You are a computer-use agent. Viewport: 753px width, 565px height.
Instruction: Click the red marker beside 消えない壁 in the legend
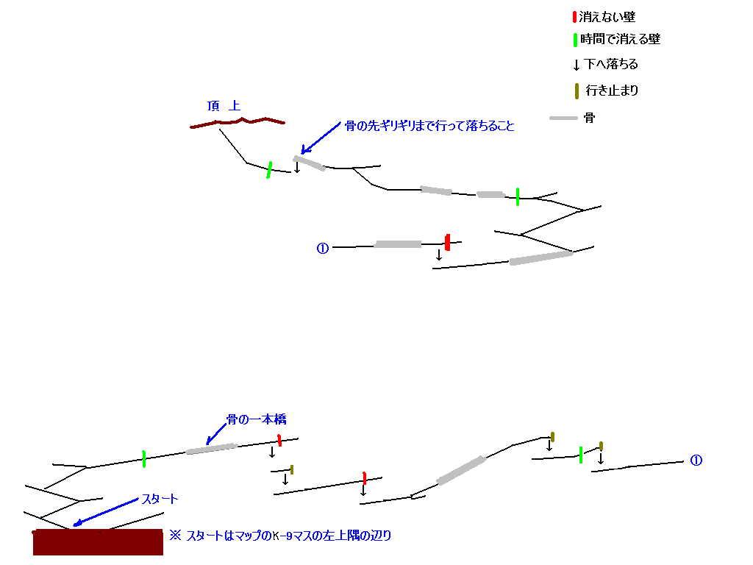574,18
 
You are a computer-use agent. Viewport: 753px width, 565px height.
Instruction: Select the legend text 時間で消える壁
621,39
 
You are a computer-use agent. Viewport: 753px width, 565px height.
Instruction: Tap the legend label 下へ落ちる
611,64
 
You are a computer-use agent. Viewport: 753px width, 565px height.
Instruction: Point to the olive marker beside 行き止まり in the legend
577,90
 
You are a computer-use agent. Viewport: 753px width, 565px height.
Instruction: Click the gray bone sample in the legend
563,118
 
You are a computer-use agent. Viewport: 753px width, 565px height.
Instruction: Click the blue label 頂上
224,106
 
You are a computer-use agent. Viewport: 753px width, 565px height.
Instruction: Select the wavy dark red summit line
238,122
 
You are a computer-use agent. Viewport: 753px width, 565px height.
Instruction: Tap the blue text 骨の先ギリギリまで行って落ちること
429,126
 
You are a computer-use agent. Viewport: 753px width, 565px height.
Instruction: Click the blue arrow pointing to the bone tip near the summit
321,138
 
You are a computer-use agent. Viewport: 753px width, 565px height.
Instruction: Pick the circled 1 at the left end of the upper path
322,249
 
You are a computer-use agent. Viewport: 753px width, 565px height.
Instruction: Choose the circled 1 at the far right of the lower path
696,461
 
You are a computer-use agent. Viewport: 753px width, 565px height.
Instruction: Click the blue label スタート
160,499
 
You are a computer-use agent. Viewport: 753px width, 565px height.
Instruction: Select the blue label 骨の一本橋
257,419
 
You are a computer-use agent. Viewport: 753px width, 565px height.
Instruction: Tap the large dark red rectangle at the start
98,542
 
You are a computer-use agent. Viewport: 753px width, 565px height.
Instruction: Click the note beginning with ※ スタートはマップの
280,536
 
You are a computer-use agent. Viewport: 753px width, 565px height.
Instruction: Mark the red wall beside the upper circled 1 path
448,242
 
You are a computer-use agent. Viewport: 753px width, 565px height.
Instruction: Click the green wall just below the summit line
269,170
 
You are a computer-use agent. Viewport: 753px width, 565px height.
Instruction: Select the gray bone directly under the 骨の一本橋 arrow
211,449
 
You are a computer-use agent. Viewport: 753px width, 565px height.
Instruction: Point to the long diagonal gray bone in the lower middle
462,470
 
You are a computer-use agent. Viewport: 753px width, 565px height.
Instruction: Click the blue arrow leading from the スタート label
105,513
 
